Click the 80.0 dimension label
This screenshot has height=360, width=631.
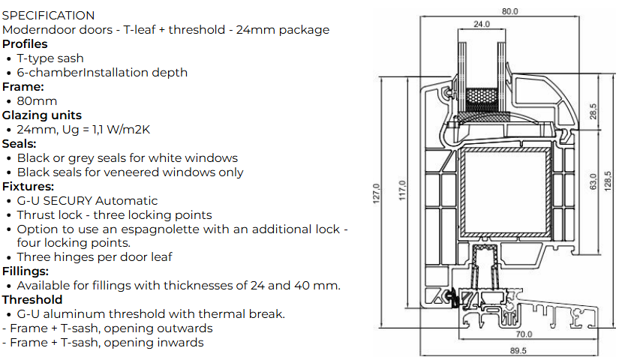tap(509, 11)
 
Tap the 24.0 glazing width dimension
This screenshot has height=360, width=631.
tap(481, 24)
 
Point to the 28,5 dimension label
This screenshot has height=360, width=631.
tap(593, 112)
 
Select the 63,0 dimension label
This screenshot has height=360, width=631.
tap(593, 181)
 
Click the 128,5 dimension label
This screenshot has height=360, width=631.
tap(607, 181)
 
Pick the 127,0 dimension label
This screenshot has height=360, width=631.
tap(376, 193)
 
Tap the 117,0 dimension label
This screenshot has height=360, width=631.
tap(402, 190)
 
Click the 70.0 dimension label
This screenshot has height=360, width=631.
tap(524, 334)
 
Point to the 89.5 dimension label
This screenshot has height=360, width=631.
tap(518, 350)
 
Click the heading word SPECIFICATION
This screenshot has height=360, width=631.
tap(48, 15)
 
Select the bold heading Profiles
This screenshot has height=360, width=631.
tap(25, 43)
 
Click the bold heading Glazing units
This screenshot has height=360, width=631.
tap(42, 115)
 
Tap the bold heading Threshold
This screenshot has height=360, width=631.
tap(32, 300)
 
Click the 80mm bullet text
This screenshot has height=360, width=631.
tap(37, 101)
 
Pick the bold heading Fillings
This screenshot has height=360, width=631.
tap(26, 271)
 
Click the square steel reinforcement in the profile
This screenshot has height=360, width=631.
tap(506, 192)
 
